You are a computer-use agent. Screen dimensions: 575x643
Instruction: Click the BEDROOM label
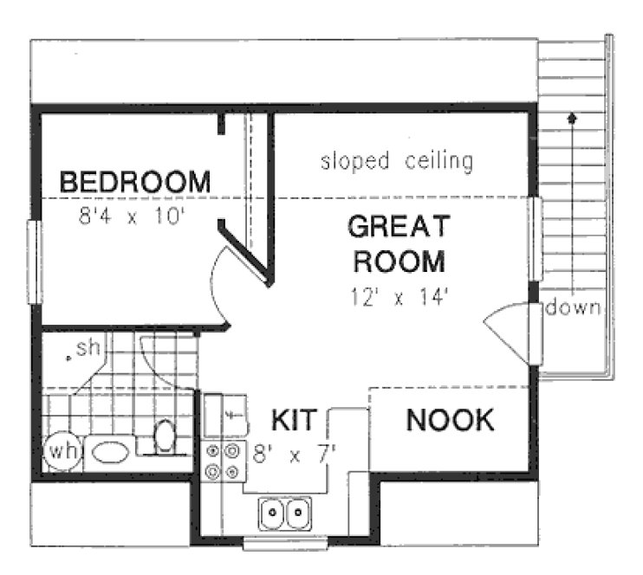134,183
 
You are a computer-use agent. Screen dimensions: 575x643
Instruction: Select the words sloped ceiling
397,161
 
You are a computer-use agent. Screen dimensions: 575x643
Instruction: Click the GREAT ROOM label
399,243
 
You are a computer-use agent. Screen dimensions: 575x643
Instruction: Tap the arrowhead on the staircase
571,116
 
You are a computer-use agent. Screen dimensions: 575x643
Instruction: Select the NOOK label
450,420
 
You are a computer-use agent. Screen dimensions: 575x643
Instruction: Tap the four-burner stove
222,461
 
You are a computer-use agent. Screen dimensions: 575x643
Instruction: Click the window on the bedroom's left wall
35,262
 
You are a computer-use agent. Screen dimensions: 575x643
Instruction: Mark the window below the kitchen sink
284,544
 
